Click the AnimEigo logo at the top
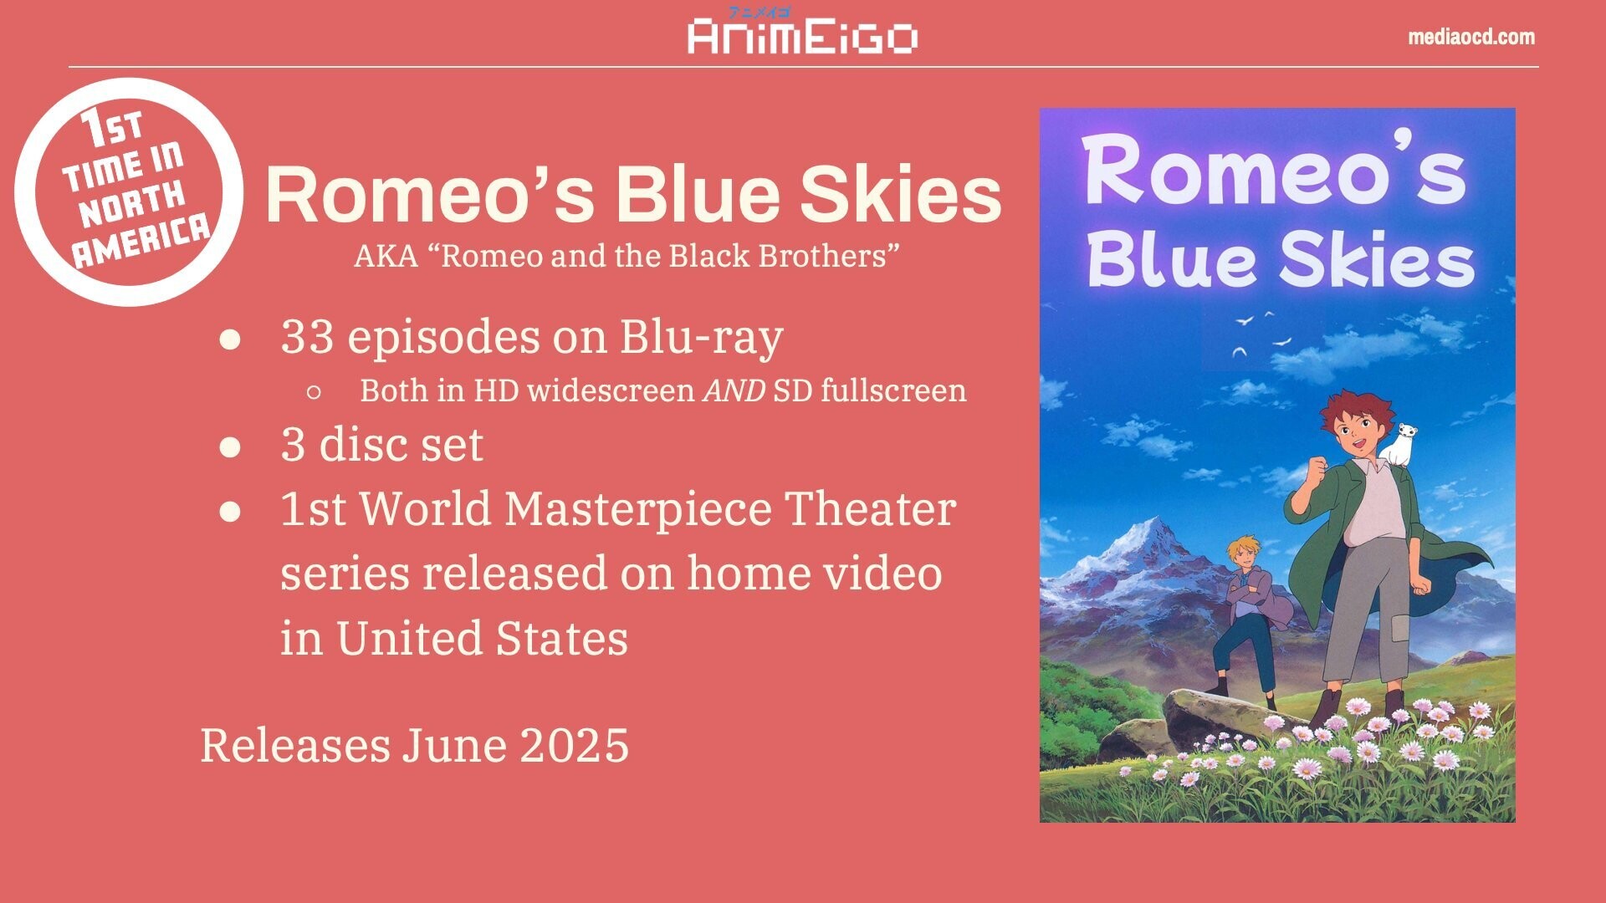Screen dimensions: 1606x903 click(x=803, y=32)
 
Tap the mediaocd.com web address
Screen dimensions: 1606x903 click(x=1471, y=37)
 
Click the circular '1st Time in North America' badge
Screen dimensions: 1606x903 click(x=130, y=191)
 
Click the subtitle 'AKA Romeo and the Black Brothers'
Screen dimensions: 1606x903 click(x=627, y=256)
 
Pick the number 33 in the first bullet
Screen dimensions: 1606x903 click(x=307, y=337)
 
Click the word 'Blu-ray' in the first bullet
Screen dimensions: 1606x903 click(x=701, y=339)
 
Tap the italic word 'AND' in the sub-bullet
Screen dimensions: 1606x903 click(x=734, y=390)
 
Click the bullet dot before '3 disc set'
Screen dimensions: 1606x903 click(x=230, y=446)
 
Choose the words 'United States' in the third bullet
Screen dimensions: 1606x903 click(x=482, y=638)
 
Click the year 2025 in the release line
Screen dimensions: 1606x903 click(x=575, y=745)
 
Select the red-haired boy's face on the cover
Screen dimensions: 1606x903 click(x=1356, y=434)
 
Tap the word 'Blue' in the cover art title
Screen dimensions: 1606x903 click(x=1176, y=260)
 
